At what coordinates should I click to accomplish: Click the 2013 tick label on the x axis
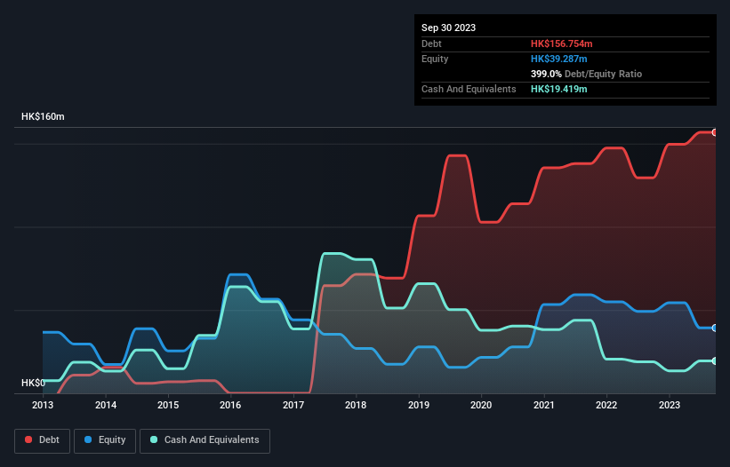[x=43, y=405]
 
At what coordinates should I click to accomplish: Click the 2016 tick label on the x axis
[x=230, y=405]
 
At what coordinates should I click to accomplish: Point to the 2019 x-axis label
[x=418, y=405]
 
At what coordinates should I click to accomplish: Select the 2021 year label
[x=543, y=405]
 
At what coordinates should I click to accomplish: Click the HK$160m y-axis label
[x=43, y=117]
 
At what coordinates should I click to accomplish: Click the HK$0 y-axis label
[x=33, y=383]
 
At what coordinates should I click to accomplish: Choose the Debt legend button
[x=42, y=440]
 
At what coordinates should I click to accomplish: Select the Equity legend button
[x=105, y=440]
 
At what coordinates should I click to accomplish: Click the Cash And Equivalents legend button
[x=205, y=440]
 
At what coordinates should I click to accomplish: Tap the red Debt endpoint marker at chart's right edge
[x=715, y=132]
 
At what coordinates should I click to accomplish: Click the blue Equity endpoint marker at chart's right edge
[x=715, y=328]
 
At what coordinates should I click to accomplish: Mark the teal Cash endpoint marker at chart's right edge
[x=715, y=360]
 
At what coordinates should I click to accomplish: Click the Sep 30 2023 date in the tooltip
[x=448, y=28]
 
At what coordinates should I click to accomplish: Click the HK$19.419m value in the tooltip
[x=559, y=90]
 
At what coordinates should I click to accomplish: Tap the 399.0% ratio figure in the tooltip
[x=546, y=74]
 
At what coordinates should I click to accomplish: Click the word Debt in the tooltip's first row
[x=431, y=44]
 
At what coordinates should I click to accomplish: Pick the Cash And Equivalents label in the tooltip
[x=469, y=90]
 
